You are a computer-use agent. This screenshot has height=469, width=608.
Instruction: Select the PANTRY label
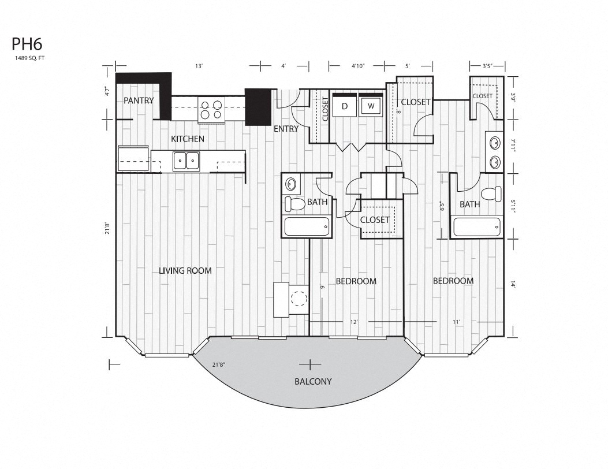point(139,100)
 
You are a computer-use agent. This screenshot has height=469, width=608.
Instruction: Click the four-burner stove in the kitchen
point(211,110)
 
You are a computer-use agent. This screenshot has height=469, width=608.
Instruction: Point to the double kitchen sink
point(186,161)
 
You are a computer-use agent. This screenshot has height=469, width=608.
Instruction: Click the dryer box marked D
point(344,106)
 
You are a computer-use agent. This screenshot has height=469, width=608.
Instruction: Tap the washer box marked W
point(371,106)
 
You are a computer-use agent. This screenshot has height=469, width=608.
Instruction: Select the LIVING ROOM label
point(185,270)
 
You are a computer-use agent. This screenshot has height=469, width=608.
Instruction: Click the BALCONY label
point(313,381)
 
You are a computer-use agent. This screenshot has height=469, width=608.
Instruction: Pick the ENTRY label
point(286,129)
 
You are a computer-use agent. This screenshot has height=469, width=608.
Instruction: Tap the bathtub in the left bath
point(307,226)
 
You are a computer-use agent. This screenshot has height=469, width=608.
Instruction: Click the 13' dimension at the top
point(199,66)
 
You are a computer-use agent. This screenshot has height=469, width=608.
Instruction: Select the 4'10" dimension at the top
point(359,66)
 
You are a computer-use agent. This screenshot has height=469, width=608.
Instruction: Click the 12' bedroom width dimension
point(354,322)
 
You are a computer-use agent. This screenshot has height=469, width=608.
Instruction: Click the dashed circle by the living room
point(299,299)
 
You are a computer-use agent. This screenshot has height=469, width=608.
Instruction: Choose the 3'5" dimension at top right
point(488,66)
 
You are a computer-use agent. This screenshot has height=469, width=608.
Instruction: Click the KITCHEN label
point(187,139)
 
